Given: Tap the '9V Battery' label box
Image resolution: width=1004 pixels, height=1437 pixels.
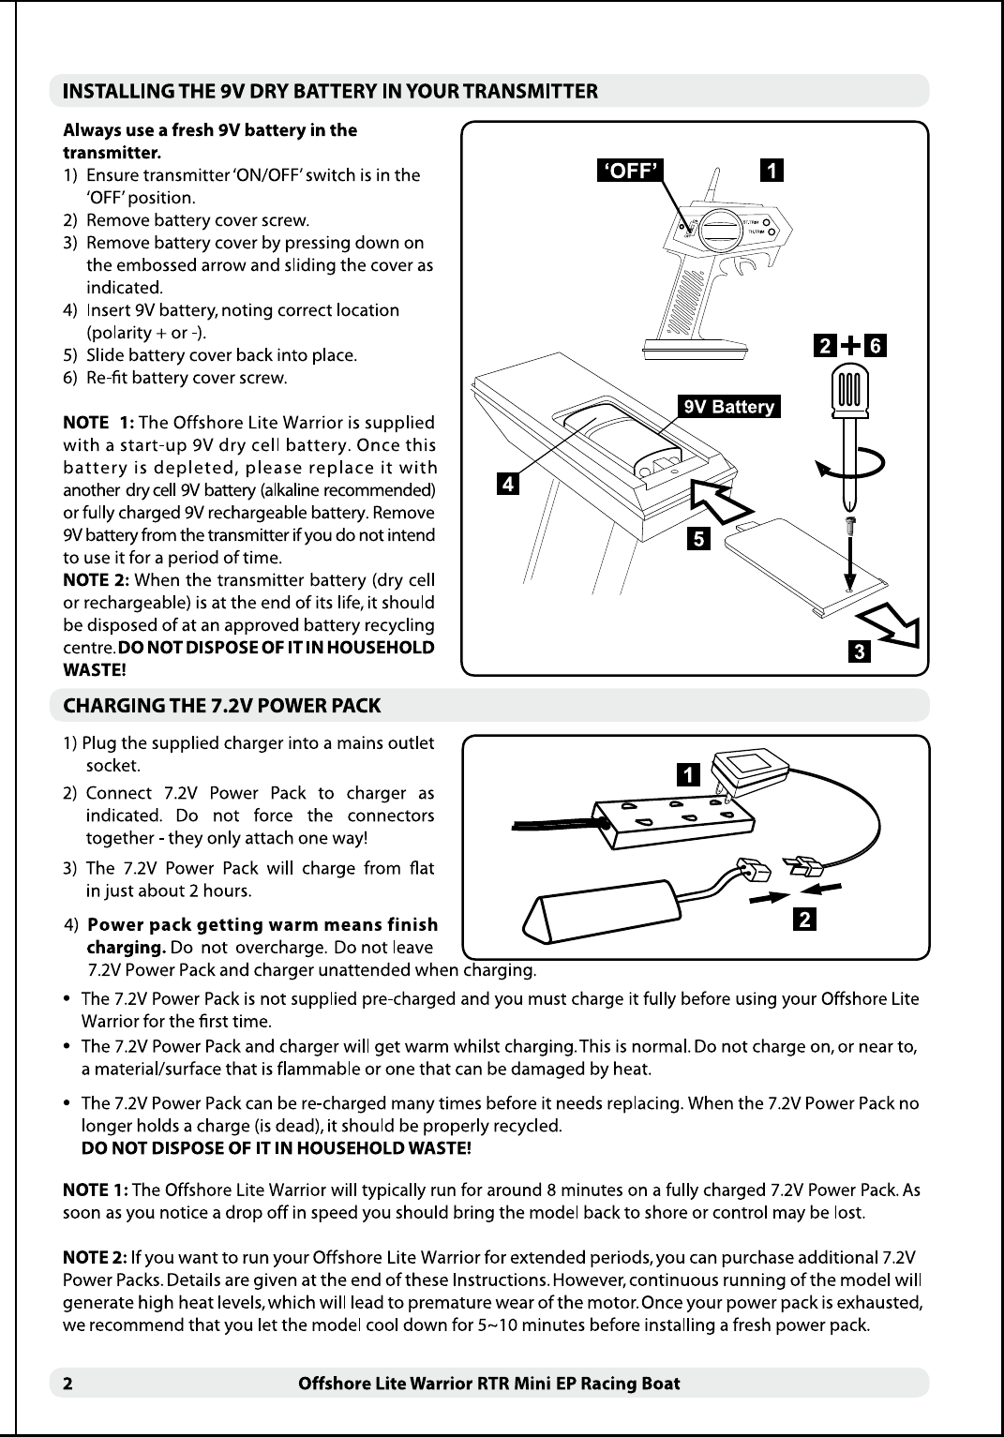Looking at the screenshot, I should click(x=729, y=406).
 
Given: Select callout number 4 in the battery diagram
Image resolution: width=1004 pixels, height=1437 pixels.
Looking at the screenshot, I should click(x=506, y=485).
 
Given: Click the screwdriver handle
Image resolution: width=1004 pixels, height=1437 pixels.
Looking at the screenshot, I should click(x=851, y=388).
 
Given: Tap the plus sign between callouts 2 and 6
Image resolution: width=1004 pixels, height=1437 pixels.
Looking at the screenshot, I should click(x=850, y=346).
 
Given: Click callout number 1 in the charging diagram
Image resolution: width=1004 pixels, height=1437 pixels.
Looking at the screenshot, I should click(x=689, y=774).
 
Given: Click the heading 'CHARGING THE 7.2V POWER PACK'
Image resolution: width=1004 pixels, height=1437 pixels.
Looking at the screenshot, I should click(x=221, y=704).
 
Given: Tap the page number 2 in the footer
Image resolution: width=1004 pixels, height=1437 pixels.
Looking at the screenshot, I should click(x=67, y=1384).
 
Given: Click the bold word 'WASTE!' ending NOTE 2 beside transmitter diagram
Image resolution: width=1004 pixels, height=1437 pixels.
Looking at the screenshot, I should click(x=94, y=670).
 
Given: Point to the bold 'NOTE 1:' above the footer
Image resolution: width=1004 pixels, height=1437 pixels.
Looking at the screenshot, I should click(x=95, y=1190).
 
